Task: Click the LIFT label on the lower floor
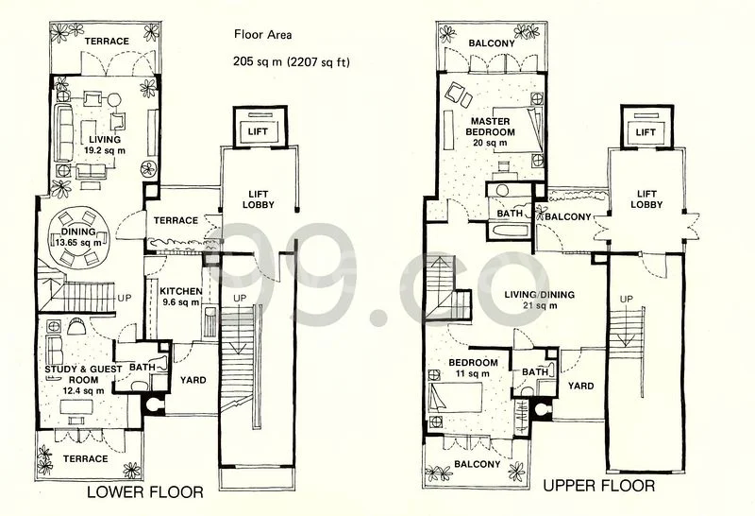click(x=257, y=133)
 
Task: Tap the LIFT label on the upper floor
click(x=646, y=133)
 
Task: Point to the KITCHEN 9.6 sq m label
click(x=179, y=297)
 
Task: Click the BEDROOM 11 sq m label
click(x=473, y=368)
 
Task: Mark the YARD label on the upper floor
click(x=580, y=386)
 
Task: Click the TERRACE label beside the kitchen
click(x=176, y=220)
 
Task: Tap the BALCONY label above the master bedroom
click(x=491, y=43)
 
